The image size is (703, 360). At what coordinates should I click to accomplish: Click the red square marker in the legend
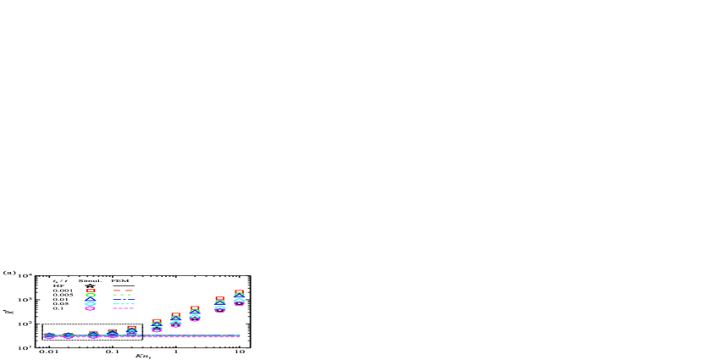[91, 291]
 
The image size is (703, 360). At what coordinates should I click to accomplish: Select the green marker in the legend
[91, 295]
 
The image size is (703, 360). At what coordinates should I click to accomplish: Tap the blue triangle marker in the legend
[91, 299]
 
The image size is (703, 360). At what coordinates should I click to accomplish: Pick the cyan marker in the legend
[91, 303]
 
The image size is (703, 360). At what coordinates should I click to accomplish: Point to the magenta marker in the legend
[91, 307]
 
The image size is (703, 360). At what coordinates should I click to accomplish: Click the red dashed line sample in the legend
[123, 291]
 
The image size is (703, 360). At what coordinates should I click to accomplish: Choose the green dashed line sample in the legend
[123, 295]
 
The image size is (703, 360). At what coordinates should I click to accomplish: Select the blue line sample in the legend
[123, 299]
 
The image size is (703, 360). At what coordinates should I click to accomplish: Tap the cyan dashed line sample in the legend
[123, 303]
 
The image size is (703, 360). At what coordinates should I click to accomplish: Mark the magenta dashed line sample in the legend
[123, 307]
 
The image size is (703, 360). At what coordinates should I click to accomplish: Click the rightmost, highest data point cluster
[239, 297]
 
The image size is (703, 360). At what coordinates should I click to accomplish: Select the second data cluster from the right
[220, 305]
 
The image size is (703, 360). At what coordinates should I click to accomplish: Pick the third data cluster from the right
[195, 314]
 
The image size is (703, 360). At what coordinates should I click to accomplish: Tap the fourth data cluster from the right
[176, 320]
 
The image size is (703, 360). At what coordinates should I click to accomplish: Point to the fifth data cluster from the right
[157, 326]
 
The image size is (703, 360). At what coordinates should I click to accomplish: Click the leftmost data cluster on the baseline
[49, 336]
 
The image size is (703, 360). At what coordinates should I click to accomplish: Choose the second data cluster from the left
[68, 336]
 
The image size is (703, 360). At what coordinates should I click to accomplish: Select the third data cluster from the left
[93, 335]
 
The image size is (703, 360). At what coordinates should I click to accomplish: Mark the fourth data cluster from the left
[113, 334]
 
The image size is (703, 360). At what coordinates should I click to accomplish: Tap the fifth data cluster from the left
[131, 330]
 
